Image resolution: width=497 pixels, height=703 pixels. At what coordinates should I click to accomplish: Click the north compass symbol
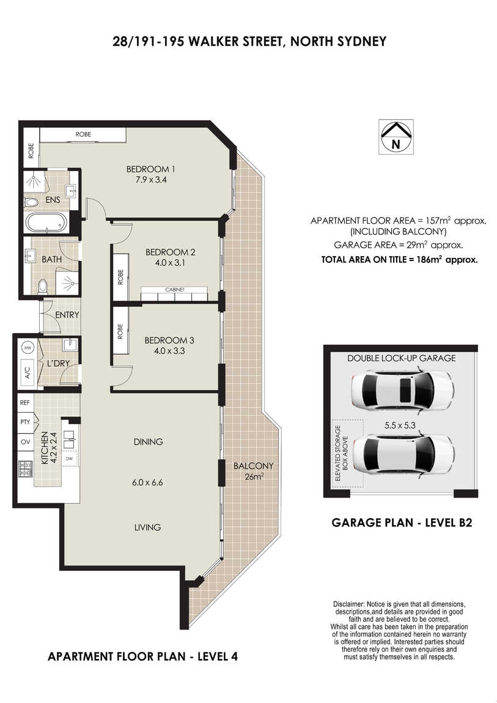[x=396, y=137]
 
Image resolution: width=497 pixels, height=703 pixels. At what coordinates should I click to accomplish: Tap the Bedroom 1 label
[x=150, y=169]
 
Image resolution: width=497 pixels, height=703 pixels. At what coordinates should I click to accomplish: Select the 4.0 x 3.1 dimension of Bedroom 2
[x=170, y=263]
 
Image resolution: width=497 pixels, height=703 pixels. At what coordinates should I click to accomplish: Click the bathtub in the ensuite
[x=46, y=222]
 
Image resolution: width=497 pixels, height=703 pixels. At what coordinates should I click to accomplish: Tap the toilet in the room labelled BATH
[x=43, y=286]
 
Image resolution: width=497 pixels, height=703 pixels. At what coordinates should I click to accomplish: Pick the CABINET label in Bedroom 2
[x=175, y=290]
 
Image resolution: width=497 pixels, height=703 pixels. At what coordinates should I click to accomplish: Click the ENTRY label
[x=67, y=315]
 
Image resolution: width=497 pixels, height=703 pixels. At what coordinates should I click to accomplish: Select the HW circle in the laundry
[x=28, y=348]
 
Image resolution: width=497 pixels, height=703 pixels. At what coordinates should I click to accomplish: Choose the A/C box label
[x=28, y=372]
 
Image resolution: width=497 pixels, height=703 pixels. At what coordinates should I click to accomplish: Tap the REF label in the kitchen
[x=25, y=403]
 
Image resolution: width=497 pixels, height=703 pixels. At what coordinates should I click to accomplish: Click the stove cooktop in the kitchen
[x=26, y=469]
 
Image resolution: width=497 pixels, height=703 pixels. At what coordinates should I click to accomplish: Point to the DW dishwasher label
[x=70, y=458]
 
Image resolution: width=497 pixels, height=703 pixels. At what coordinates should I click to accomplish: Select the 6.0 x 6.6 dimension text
[x=147, y=482]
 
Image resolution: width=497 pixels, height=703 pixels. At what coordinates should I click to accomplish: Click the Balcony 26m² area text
[x=253, y=471]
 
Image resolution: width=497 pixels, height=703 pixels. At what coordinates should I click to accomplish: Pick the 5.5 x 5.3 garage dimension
[x=400, y=425]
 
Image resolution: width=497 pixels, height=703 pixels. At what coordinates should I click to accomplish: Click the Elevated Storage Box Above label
[x=342, y=453]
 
